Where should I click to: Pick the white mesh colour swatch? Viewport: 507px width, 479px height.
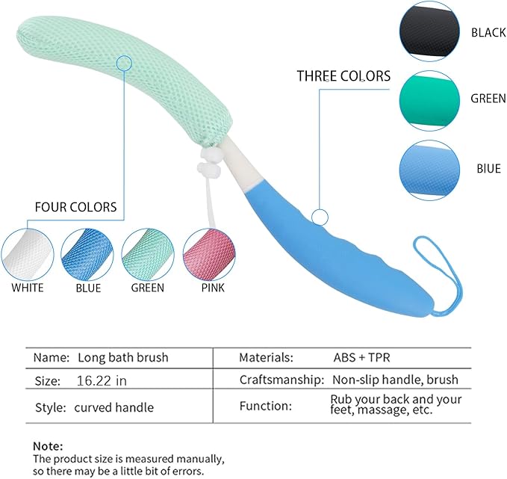28,253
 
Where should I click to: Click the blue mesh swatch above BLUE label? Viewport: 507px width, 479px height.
87,253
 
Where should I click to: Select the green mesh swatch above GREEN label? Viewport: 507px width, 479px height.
148,253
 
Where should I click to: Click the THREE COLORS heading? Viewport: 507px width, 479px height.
343,76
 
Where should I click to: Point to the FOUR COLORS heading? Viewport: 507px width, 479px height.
76,207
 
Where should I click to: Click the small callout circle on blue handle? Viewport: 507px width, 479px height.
320,217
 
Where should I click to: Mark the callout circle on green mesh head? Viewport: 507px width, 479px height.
124,64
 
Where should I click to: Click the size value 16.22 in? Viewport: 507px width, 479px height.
102,380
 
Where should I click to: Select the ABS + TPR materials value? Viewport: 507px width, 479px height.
364,358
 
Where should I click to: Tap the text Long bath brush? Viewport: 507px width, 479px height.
123,358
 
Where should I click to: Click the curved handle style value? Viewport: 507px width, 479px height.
113,407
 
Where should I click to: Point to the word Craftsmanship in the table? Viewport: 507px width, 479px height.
281,380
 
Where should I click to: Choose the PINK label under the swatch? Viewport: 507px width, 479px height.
211,288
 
